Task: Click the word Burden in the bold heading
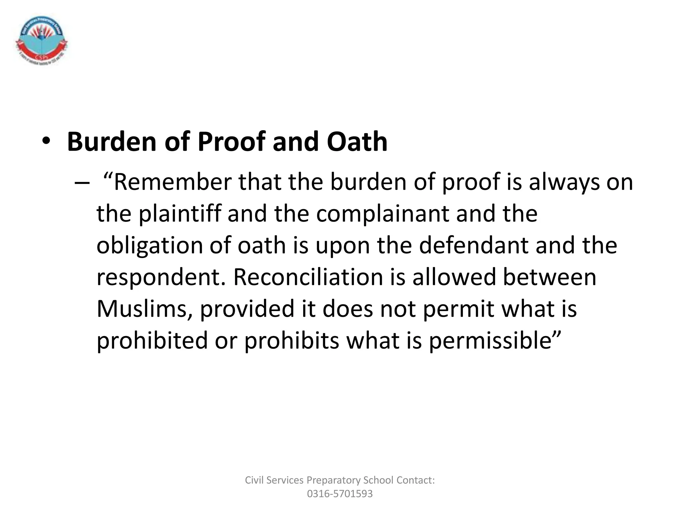112,142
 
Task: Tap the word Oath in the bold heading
357,142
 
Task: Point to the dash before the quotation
82,183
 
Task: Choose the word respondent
161,277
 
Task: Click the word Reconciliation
308,277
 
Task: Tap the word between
550,277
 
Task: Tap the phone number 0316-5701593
340,494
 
